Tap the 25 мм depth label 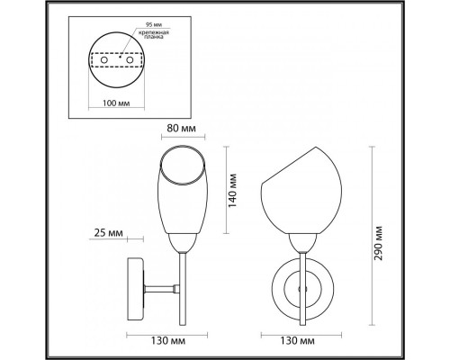111,237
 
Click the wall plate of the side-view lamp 137,289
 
